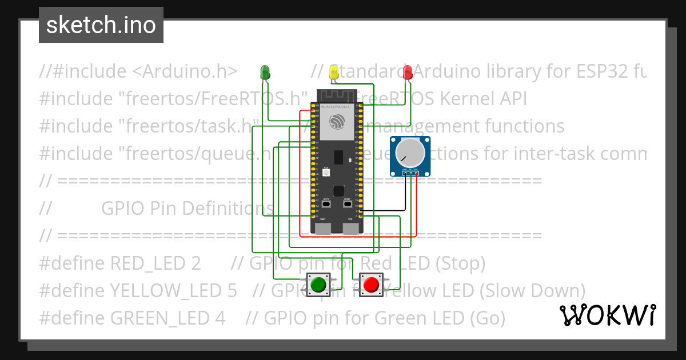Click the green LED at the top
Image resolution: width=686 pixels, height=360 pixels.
[x=265, y=71]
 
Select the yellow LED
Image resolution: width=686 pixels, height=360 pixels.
[x=334, y=71]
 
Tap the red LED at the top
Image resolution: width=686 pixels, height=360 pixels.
[x=408, y=71]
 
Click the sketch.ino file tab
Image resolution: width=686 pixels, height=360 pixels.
[x=101, y=25]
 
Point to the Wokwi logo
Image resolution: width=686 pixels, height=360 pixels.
[x=608, y=315]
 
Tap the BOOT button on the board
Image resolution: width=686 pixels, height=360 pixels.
[x=326, y=203]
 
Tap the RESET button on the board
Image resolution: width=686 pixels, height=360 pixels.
[x=347, y=203]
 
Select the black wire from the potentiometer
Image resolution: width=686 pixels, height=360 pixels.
[x=405, y=194]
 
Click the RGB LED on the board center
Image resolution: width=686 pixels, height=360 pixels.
[x=326, y=173]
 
